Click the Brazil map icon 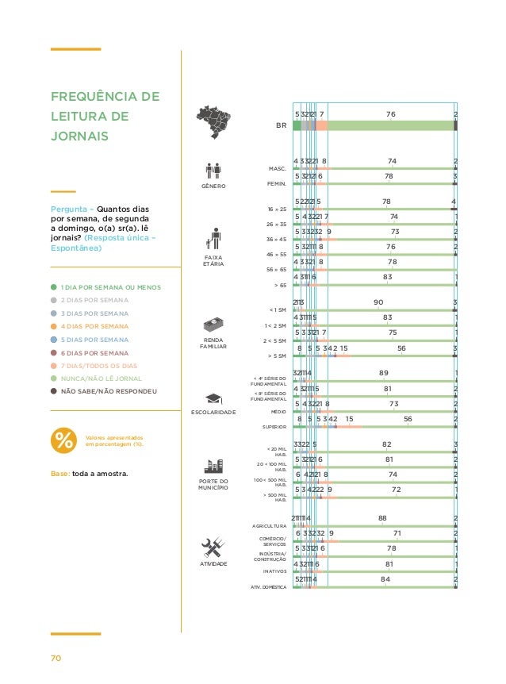pyautogui.click(x=213, y=121)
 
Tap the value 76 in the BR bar pyautogui.click(x=390, y=115)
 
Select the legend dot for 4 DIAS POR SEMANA pyautogui.click(x=52, y=326)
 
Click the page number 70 pyautogui.click(x=57, y=657)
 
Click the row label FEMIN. pyautogui.click(x=277, y=183)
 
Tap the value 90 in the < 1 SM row pyautogui.click(x=378, y=302)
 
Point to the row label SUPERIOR pyautogui.click(x=274, y=427)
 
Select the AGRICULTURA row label pyautogui.click(x=269, y=525)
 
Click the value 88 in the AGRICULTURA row pyautogui.click(x=382, y=518)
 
